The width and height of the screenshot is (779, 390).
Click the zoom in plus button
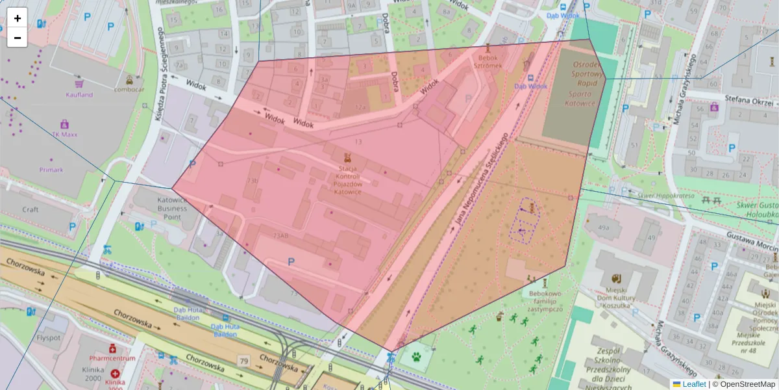(x=17, y=18)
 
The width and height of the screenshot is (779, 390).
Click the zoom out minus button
(x=17, y=38)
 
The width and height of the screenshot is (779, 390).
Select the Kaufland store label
(x=79, y=94)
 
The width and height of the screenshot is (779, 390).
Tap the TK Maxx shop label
(x=64, y=134)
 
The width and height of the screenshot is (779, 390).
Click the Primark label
(x=51, y=170)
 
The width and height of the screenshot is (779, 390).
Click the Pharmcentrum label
(x=112, y=358)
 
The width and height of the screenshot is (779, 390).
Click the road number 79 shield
(x=244, y=361)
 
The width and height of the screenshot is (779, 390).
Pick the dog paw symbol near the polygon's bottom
(x=415, y=357)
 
